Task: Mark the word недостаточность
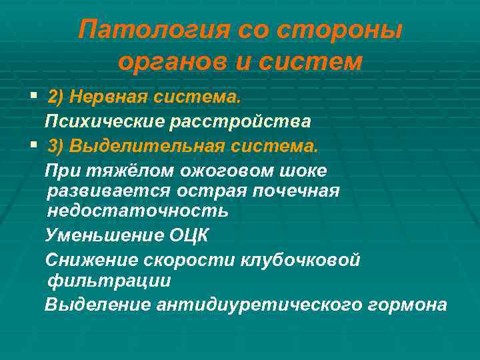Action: [137, 211]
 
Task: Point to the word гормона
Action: [407, 305]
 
